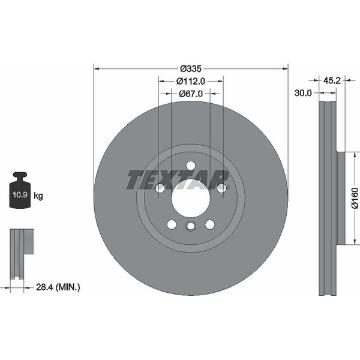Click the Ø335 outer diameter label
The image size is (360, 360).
pyautogui.click(x=191, y=67)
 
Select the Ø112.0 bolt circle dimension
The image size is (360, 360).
pyautogui.click(x=191, y=81)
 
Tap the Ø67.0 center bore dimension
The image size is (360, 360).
pyautogui.click(x=191, y=94)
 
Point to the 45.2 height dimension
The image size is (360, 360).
pyautogui.click(x=332, y=80)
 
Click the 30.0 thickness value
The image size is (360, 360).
pyautogui.click(x=303, y=93)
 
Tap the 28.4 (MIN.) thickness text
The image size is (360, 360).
pyautogui.click(x=58, y=288)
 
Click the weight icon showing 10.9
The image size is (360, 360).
pyautogui.click(x=20, y=192)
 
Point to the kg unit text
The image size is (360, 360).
pyautogui.click(x=38, y=196)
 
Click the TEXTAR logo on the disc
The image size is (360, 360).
pyautogui.click(x=178, y=178)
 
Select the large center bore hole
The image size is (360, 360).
pyautogui.click(x=190, y=198)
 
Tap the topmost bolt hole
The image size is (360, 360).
pyautogui.click(x=190, y=166)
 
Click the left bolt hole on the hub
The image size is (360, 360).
pyautogui.click(x=160, y=188)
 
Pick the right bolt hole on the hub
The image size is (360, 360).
pyautogui.click(x=221, y=188)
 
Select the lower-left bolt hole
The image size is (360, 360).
pyautogui.click(x=172, y=224)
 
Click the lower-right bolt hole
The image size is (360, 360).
pyautogui.click(x=209, y=224)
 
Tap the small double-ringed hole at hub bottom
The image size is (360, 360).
pyautogui.click(x=190, y=226)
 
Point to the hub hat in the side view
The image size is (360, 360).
pyautogui.click(x=341, y=198)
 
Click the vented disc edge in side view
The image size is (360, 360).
pyautogui.click(x=327, y=198)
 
